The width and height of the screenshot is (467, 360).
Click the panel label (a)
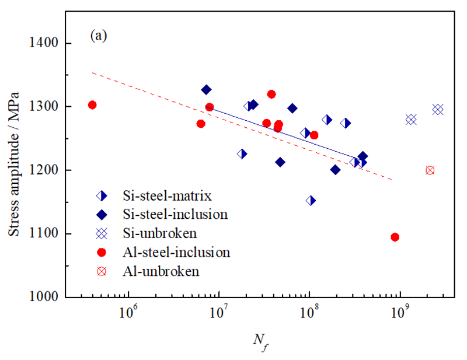click(98, 36)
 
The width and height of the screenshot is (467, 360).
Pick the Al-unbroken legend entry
click(152, 271)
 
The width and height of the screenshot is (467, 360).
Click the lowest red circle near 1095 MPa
click(395, 237)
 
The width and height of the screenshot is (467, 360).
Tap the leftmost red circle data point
click(92, 105)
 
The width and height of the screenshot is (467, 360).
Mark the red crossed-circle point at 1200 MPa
click(430, 170)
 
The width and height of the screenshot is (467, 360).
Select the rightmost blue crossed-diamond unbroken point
click(438, 109)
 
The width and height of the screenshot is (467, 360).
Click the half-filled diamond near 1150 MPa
click(311, 201)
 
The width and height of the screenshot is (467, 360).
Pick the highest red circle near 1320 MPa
click(271, 94)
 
